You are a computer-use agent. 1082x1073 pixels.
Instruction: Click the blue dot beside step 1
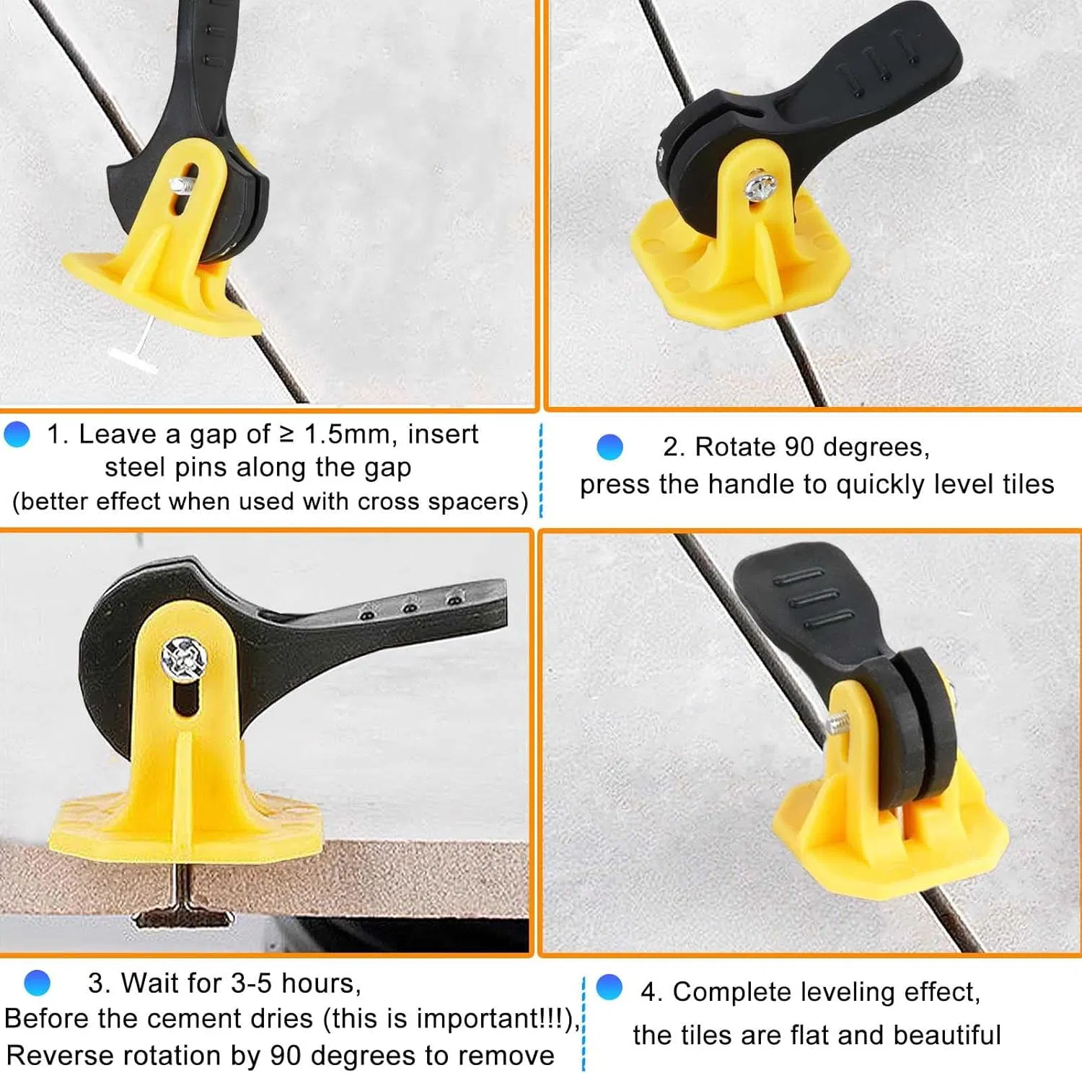pyautogui.click(x=17, y=434)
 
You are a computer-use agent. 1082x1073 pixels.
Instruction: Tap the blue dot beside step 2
pyautogui.click(x=610, y=447)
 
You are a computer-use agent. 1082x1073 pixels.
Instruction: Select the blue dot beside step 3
pyautogui.click(x=37, y=983)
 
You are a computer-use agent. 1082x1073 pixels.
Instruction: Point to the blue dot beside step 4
pyautogui.click(x=610, y=987)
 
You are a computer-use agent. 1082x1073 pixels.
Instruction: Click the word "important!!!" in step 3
pyautogui.click(x=493, y=1019)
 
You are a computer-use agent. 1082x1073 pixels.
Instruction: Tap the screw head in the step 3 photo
pyautogui.click(x=184, y=658)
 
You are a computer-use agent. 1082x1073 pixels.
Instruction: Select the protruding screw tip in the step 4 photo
pyautogui.click(x=837, y=724)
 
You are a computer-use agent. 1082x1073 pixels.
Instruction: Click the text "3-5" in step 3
pyautogui.click(x=252, y=984)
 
